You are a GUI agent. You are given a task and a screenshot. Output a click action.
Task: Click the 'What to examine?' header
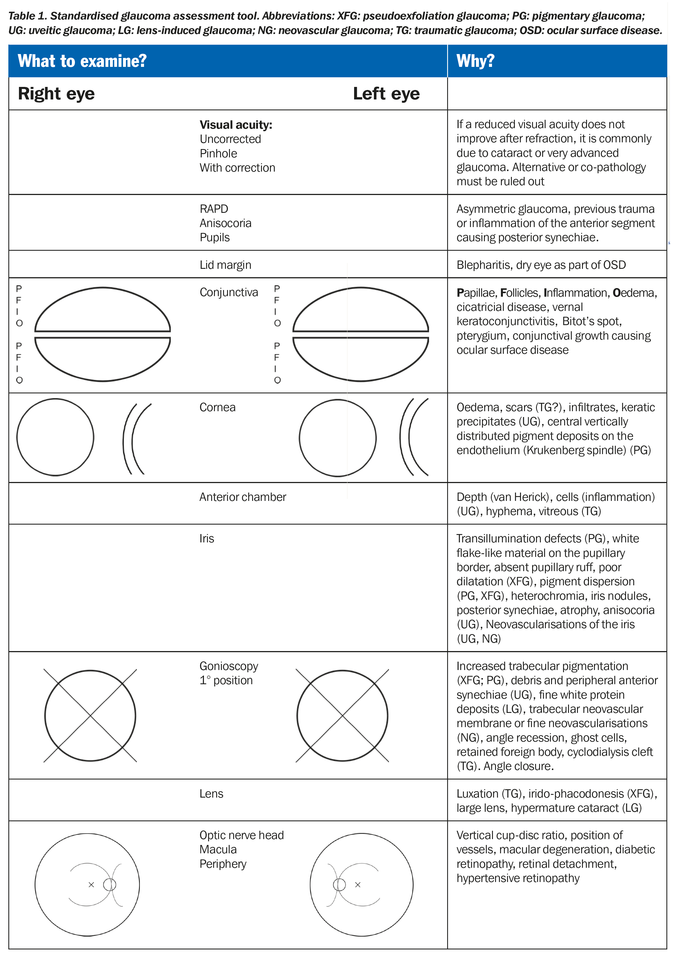tap(82, 61)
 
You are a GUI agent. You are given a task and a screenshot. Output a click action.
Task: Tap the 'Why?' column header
tap(475, 61)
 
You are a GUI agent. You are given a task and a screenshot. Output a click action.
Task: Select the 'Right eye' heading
tap(56, 94)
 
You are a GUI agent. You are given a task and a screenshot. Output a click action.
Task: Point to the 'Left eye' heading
tap(386, 94)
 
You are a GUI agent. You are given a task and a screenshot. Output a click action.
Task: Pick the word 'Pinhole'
tap(218, 154)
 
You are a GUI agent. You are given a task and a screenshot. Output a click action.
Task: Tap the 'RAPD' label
tap(214, 209)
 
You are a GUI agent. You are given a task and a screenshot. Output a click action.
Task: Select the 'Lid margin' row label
tap(225, 265)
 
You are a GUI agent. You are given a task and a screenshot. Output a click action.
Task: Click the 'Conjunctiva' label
tap(228, 292)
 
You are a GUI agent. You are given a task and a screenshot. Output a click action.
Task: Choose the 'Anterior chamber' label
tap(243, 497)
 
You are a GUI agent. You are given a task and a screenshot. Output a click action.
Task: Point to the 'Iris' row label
tap(206, 539)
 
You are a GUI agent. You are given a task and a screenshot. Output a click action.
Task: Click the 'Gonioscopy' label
tap(228, 666)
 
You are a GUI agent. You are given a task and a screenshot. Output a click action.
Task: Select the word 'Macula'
tap(218, 849)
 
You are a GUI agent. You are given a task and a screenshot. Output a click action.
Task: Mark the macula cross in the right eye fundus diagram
tap(91, 885)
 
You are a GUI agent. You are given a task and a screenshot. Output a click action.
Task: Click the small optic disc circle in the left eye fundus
tap(339, 885)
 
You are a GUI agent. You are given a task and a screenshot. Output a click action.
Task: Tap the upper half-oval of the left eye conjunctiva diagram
tap(361, 311)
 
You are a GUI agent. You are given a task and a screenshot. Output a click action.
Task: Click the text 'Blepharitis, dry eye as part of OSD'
tap(541, 265)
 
